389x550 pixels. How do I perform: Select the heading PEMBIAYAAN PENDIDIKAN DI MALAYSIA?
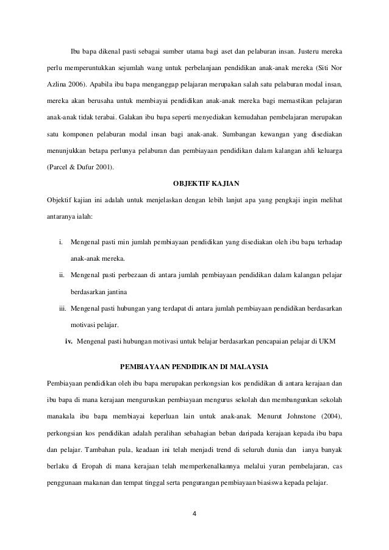click(x=194, y=366)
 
